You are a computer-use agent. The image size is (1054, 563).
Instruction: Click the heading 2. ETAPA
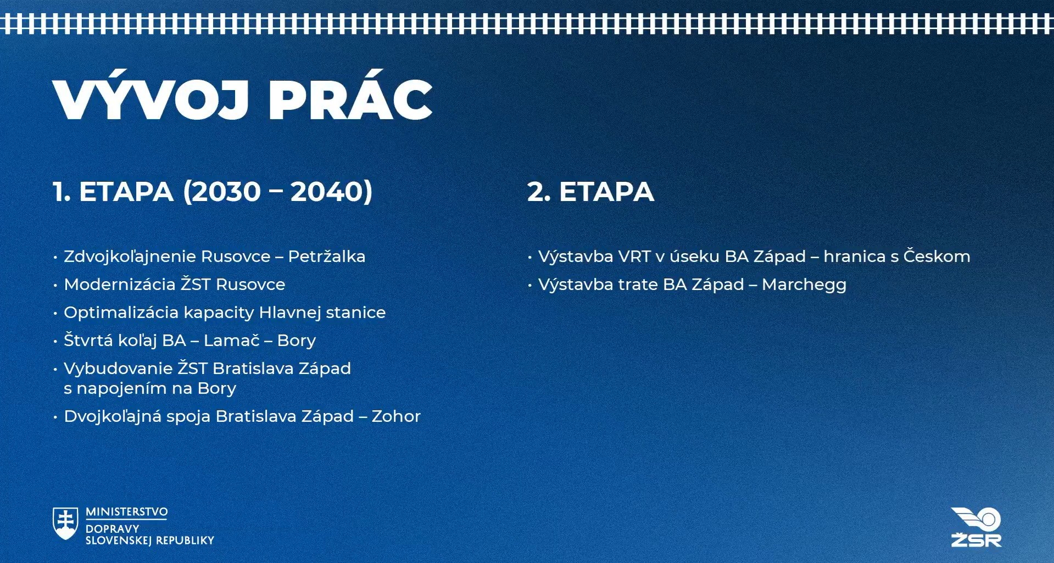(x=590, y=192)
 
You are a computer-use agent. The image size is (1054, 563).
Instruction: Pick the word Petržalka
(x=327, y=256)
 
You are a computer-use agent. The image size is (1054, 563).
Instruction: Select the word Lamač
(x=231, y=340)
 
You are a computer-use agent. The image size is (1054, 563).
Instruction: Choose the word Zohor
(x=396, y=416)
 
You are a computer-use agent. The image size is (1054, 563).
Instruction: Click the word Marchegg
(x=804, y=285)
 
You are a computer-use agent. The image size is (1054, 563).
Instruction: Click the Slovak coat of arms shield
(x=65, y=523)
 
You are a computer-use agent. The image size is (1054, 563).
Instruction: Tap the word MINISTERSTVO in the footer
(x=127, y=512)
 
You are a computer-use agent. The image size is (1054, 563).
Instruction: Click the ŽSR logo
(x=976, y=527)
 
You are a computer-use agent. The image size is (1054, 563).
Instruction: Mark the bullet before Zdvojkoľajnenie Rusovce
(x=55, y=257)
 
